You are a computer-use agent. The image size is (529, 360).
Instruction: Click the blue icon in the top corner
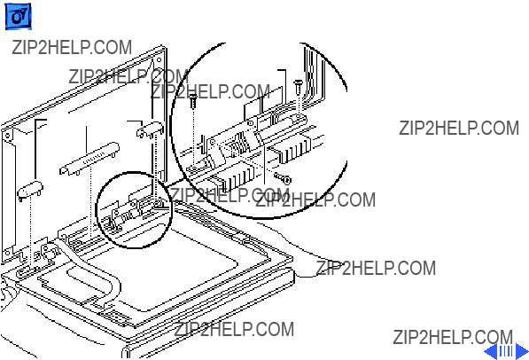[x=18, y=16]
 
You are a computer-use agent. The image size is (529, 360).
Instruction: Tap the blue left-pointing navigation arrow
[x=491, y=351]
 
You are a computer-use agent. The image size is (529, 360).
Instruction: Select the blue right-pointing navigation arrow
[x=522, y=351]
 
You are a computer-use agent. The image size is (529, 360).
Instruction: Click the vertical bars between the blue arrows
[x=506, y=351]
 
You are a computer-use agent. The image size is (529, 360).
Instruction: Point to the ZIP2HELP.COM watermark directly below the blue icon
[x=72, y=47]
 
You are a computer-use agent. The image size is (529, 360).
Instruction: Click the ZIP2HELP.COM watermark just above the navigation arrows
[x=453, y=337]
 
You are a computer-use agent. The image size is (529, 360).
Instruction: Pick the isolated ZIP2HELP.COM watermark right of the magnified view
[x=459, y=129]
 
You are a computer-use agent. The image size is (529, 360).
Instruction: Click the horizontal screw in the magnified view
[x=283, y=178]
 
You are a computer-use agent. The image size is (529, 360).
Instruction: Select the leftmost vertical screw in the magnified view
[x=193, y=100]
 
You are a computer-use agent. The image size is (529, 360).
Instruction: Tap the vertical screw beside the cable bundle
[x=298, y=86]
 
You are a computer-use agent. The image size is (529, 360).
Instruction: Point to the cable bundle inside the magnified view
[x=315, y=78]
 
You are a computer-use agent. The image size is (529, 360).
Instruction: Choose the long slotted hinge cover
[x=89, y=158]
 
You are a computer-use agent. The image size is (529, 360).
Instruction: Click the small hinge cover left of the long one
[x=30, y=190]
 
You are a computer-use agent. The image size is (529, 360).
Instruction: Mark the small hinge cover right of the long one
[x=150, y=130]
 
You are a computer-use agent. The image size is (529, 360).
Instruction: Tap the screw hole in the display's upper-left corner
[x=7, y=136]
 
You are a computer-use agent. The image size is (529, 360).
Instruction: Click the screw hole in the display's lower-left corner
[x=7, y=253]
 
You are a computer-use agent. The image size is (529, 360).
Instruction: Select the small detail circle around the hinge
[x=97, y=209]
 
